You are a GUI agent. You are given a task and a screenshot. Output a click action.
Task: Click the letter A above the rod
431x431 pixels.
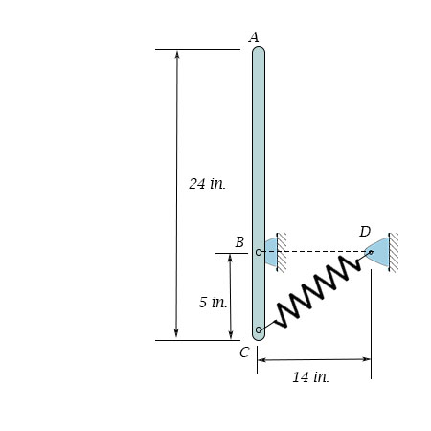pyautogui.click(x=254, y=37)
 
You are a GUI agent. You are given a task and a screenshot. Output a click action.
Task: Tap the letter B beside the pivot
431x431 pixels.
pyautogui.click(x=239, y=242)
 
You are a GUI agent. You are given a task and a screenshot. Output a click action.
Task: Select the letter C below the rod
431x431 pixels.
pyautogui.click(x=244, y=352)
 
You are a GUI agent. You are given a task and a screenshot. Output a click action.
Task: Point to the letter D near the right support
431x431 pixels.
pyautogui.click(x=365, y=232)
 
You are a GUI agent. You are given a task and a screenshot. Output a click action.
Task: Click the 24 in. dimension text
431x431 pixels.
pyautogui.click(x=207, y=184)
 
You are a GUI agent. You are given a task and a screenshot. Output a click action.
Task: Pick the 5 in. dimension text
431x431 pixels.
pyautogui.click(x=213, y=302)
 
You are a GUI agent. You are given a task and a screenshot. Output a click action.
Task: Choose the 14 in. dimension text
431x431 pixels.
pyautogui.click(x=310, y=377)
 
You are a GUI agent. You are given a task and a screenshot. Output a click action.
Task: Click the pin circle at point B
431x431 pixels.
pyautogui.click(x=259, y=252)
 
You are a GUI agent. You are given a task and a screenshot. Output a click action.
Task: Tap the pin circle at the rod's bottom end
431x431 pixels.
pyautogui.click(x=259, y=329)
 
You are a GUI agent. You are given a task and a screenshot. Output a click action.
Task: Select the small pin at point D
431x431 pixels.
pyautogui.click(x=371, y=252)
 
